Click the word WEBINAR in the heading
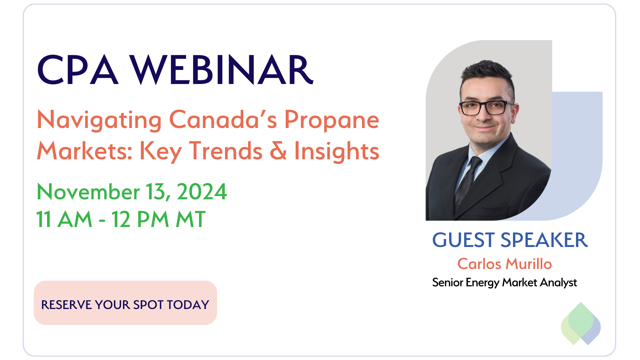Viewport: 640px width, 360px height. [222, 70]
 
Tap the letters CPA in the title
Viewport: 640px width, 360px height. [78, 70]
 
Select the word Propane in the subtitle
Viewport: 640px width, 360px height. [332, 121]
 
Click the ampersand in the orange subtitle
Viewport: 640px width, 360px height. [278, 150]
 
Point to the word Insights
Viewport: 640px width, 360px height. [337, 152]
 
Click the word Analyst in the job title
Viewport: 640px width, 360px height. [558, 283]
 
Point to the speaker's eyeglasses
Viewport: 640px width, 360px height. [486, 108]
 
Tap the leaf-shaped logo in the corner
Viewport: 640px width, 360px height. [581, 324]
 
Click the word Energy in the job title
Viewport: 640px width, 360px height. [482, 283]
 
